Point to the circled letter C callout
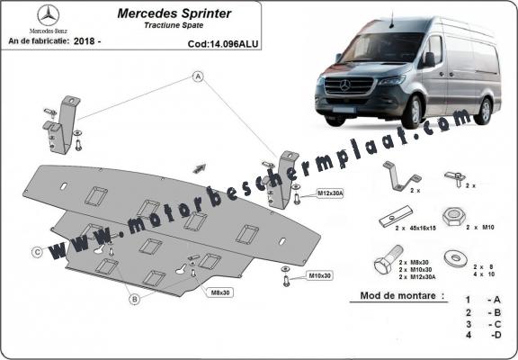[x=38, y=251]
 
